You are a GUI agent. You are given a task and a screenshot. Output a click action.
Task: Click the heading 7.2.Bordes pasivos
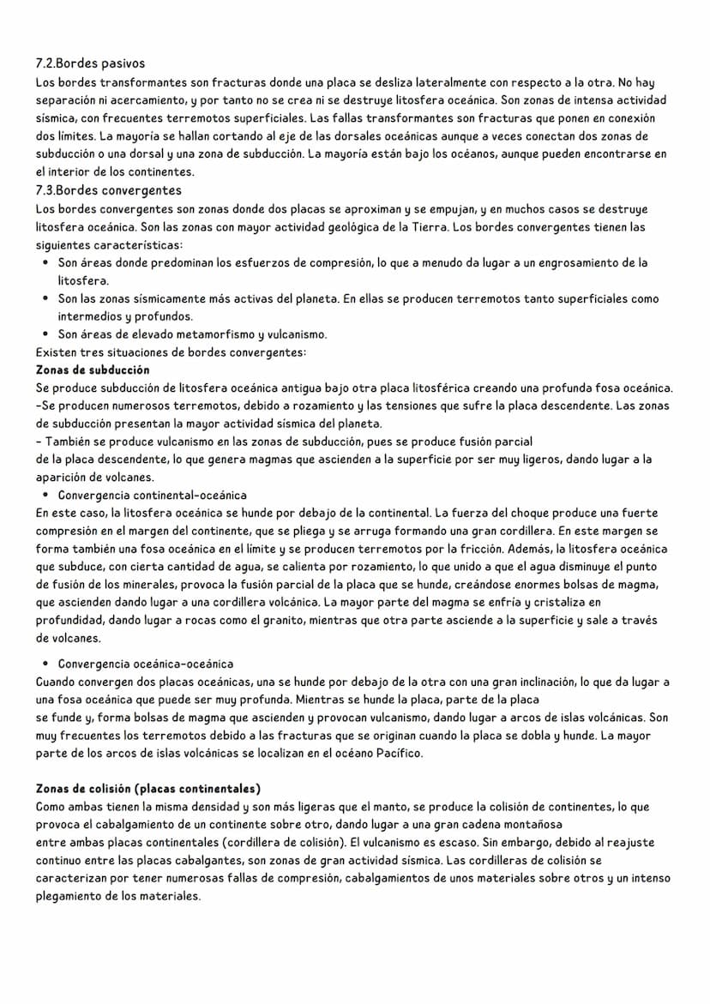(90, 63)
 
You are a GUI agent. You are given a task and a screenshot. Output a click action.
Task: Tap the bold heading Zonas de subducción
(93, 370)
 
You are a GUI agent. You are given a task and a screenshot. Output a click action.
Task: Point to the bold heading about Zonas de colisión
(148, 788)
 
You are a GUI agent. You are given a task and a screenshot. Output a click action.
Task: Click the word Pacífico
(399, 754)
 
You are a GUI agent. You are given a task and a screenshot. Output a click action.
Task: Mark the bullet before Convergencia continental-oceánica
(44, 496)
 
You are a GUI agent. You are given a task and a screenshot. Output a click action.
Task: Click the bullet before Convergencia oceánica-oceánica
(44, 664)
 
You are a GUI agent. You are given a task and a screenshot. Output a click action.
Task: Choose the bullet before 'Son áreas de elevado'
(44, 334)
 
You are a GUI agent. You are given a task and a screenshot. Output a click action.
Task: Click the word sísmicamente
(176, 299)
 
